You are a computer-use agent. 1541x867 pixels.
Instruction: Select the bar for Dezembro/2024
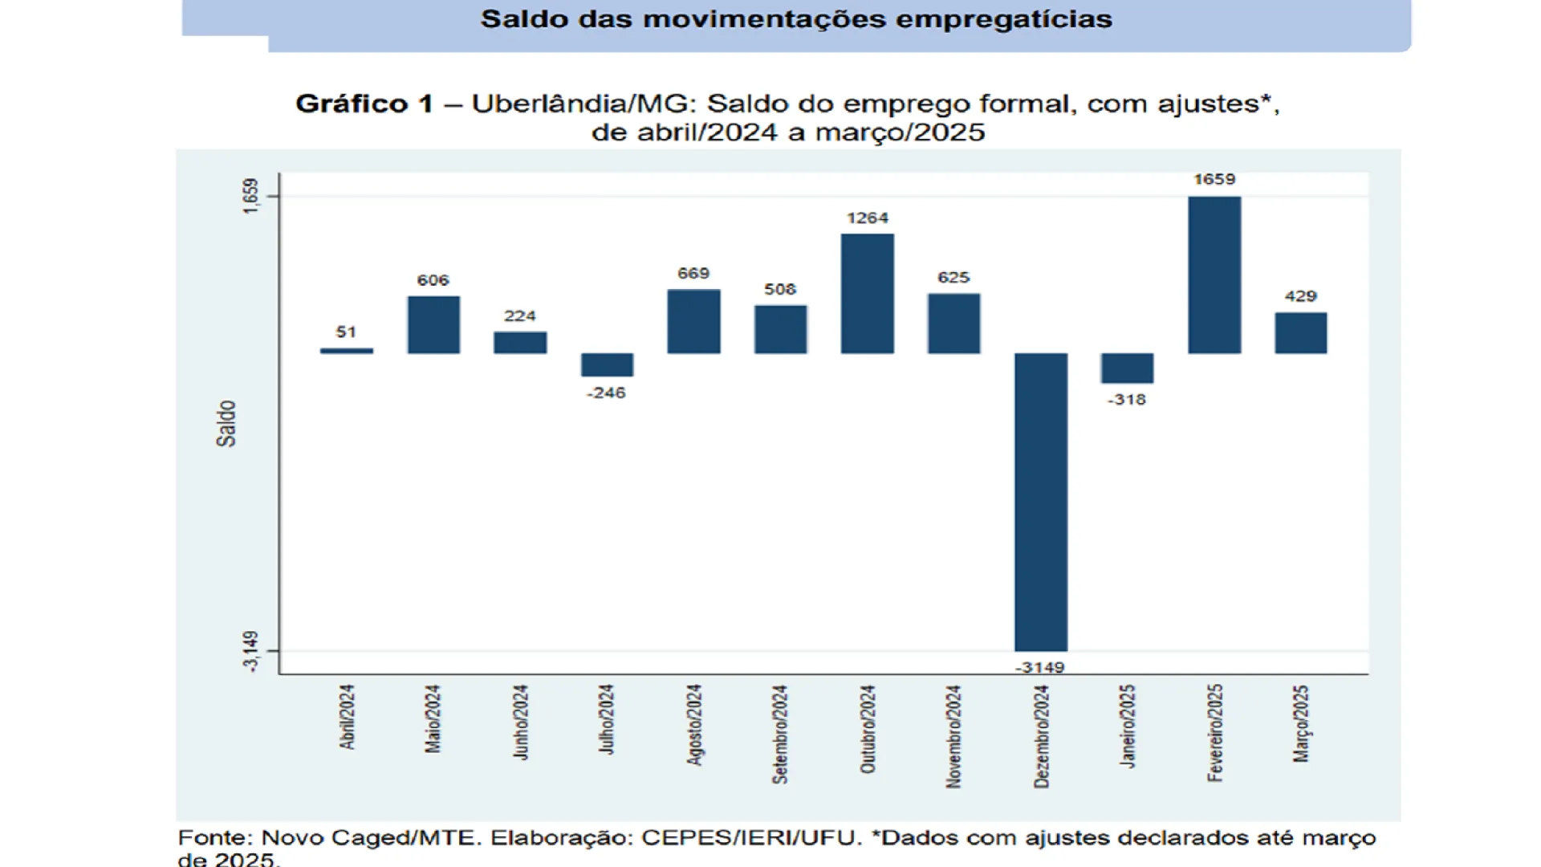[1040, 502]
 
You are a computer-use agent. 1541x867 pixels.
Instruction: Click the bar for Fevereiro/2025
[1214, 275]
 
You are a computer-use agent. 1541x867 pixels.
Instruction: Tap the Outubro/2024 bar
[867, 293]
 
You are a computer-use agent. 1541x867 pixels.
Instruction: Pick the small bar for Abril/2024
[347, 351]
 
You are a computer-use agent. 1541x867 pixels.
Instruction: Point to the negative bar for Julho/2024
[607, 364]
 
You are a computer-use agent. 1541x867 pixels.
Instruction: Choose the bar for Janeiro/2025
[1127, 368]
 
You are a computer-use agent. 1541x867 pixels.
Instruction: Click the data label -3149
[1039, 667]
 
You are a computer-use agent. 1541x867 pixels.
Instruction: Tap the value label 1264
[867, 218]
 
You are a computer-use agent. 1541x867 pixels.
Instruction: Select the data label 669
[693, 274]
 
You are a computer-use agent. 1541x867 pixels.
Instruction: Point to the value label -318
[1127, 400]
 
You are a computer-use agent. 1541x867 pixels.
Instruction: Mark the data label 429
[1300, 296]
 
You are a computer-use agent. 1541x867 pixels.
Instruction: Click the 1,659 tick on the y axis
[251, 196]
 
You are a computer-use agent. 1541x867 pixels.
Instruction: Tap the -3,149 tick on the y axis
[251, 651]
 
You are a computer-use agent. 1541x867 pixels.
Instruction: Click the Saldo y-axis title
[226, 423]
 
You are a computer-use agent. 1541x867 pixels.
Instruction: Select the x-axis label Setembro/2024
[780, 734]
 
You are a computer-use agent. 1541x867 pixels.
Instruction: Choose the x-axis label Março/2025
[1300, 723]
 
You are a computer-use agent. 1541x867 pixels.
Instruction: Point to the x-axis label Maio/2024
[433, 718]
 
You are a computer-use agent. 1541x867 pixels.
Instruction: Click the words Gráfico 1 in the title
[364, 104]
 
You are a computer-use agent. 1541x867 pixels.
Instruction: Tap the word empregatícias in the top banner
[1003, 19]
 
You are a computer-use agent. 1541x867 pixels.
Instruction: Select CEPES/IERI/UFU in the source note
[750, 837]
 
